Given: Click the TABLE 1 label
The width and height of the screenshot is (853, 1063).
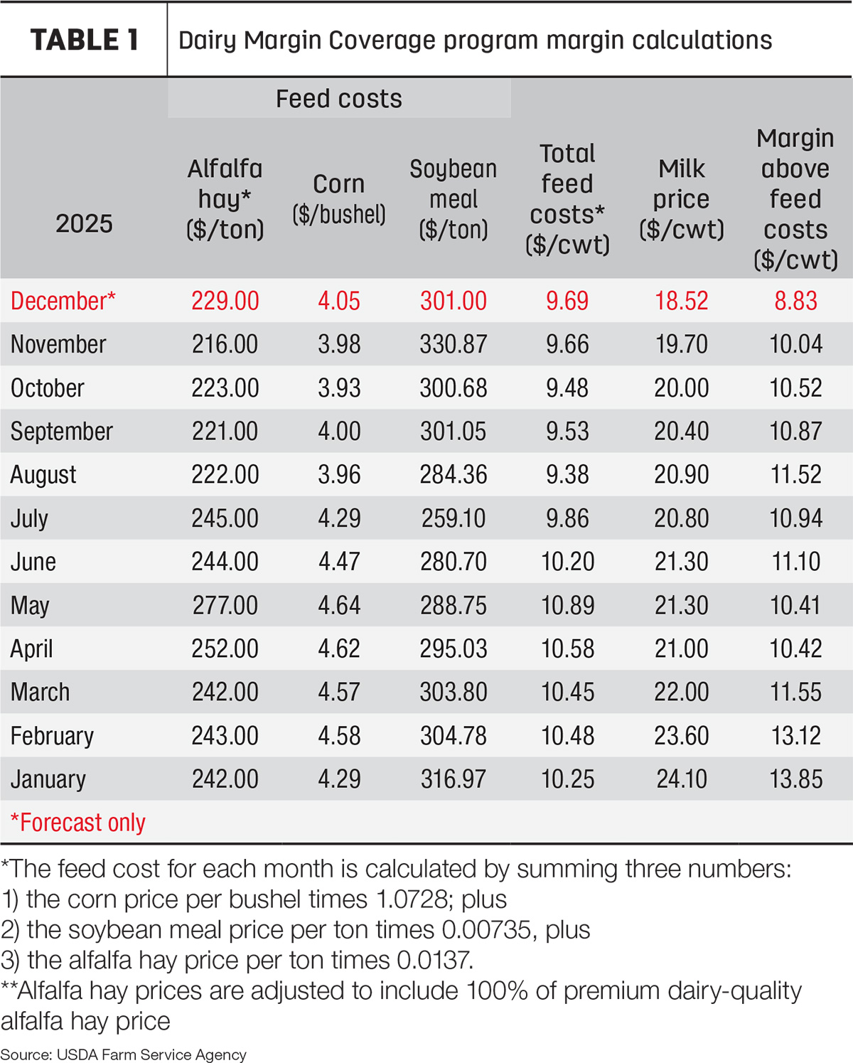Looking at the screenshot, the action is click(x=85, y=40).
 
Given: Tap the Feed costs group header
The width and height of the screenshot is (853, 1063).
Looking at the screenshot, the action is click(x=339, y=98).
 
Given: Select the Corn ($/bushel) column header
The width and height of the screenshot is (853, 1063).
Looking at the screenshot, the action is click(x=339, y=199).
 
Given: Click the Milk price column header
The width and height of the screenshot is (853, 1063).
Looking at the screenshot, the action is click(x=682, y=199).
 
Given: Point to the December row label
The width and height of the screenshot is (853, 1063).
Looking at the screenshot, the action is click(x=63, y=301).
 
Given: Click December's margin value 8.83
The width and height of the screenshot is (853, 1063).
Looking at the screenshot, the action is click(x=795, y=301).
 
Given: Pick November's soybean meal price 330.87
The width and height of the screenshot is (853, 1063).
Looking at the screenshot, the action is click(x=454, y=344).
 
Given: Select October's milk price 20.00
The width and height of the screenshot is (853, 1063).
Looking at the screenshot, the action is click(x=682, y=388).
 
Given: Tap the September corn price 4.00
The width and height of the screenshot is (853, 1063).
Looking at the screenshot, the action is click(x=339, y=431).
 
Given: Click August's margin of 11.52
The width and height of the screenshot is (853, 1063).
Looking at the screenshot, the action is click(x=796, y=475).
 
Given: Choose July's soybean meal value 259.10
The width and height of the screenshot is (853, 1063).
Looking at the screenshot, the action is click(x=454, y=518).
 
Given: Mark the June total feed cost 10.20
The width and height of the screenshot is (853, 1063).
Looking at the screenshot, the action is click(x=567, y=562).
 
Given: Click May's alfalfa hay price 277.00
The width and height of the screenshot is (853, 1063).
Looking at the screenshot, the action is click(x=225, y=605).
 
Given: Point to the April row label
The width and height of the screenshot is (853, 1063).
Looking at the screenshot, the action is click(x=31, y=648).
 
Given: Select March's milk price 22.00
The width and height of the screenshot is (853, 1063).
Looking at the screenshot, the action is click(x=682, y=692).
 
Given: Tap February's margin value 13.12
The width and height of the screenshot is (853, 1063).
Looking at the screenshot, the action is click(x=796, y=735).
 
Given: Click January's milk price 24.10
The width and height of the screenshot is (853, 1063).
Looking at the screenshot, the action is click(x=682, y=779).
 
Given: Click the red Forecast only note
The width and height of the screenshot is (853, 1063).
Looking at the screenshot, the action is click(x=78, y=823).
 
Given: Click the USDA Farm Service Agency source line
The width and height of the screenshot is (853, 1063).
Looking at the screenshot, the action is click(x=124, y=1054).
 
